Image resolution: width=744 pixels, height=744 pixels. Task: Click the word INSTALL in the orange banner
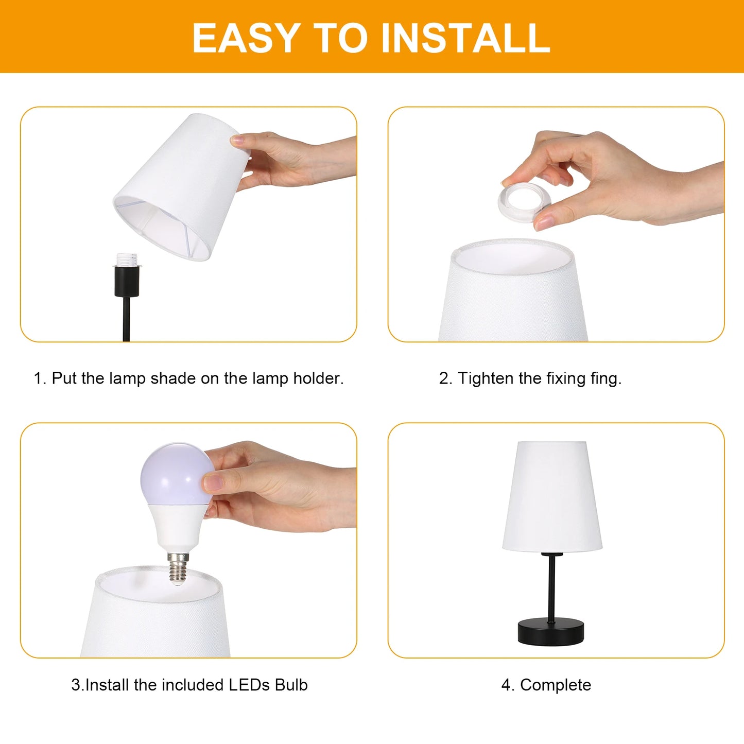pyautogui.click(x=465, y=38)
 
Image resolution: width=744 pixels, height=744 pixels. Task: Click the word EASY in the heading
pyautogui.click(x=247, y=38)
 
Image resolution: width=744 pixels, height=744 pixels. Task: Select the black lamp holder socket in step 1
pyautogui.click(x=127, y=281)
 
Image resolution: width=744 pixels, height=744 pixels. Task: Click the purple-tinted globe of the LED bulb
pyautogui.click(x=177, y=475)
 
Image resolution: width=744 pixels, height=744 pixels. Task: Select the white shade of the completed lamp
pyautogui.click(x=552, y=497)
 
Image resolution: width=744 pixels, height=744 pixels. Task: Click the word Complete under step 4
pyautogui.click(x=556, y=685)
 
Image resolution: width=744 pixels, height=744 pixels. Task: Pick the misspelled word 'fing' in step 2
pyautogui.click(x=606, y=378)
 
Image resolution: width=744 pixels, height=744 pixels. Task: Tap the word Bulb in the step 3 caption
pyautogui.click(x=291, y=685)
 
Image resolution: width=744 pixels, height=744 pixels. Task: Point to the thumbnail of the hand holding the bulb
pyautogui.click(x=213, y=482)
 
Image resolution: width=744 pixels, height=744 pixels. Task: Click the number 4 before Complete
pyautogui.click(x=506, y=685)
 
